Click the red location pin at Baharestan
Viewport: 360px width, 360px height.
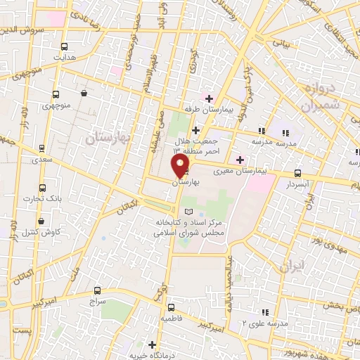pos(181,167)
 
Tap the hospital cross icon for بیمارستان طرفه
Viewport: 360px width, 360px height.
pos(209,97)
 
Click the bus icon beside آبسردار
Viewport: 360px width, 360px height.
pos(298,172)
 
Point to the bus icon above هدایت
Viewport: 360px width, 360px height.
pos(65,46)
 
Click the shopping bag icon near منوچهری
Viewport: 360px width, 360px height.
pos(84,93)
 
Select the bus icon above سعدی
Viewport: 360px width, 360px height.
pos(43,149)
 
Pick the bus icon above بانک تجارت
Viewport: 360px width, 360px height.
pos(43,188)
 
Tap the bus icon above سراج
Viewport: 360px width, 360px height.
pos(97,290)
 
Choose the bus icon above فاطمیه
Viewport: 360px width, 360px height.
pos(171,307)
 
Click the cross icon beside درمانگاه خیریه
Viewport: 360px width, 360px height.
pos(153,344)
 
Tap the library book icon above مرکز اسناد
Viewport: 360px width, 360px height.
pos(187,212)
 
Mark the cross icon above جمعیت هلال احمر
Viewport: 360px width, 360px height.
pos(195,130)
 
